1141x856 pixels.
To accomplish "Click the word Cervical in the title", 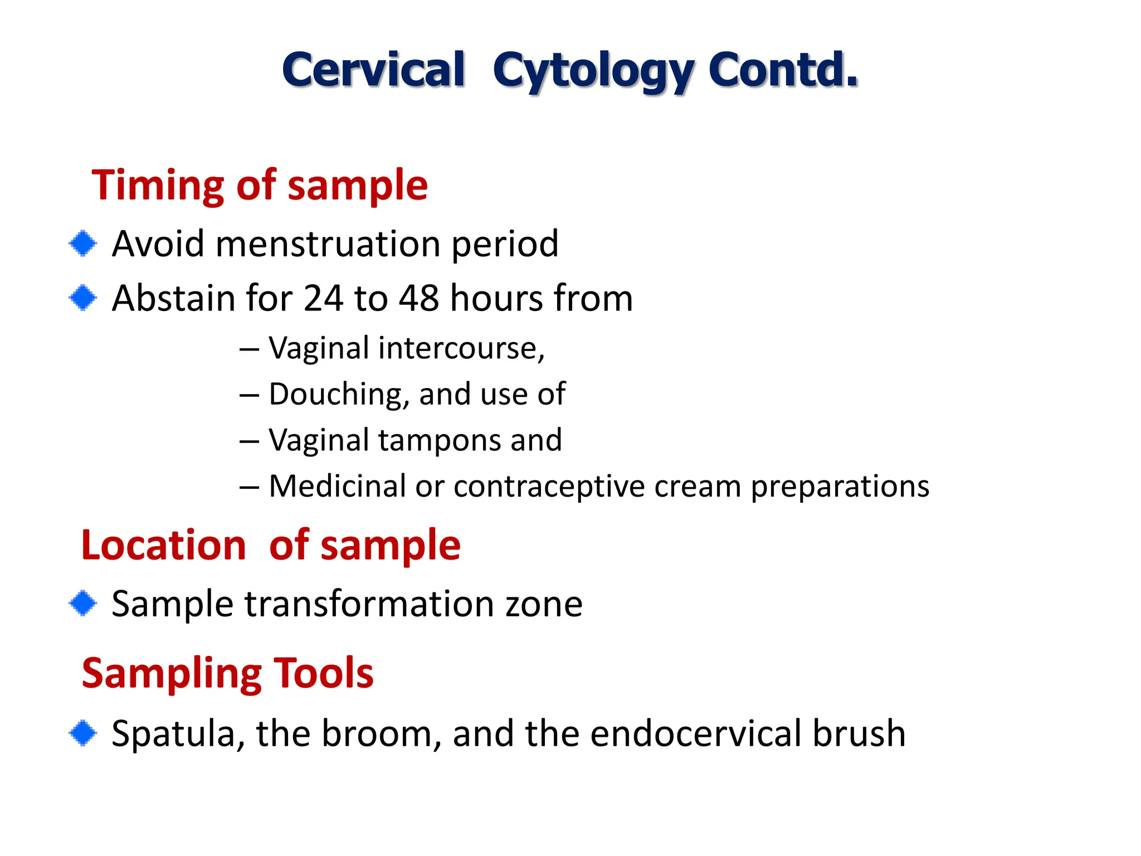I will click(373, 70).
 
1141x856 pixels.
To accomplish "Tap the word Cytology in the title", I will click(593, 71).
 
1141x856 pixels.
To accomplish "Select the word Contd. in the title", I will click(783, 70).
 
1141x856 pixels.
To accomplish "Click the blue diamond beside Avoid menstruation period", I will click(83, 244).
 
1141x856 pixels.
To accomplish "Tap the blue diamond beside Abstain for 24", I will click(83, 298).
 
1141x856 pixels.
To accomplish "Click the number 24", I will click(323, 298).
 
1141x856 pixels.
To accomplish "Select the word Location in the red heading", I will click(163, 545).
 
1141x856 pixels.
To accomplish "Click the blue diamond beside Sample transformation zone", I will click(83, 604).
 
